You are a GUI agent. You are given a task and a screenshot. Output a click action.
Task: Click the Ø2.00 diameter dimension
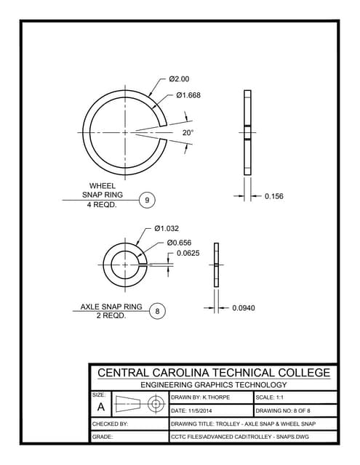[x=179, y=78]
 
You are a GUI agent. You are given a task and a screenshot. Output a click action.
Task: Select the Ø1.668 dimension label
[x=188, y=95]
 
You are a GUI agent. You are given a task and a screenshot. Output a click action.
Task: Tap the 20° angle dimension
[x=188, y=133]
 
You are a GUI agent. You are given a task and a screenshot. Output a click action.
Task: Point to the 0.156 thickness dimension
[x=274, y=195]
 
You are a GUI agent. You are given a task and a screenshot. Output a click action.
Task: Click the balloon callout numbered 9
[x=148, y=199]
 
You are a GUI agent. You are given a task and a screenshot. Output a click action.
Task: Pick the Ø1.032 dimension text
[x=167, y=228]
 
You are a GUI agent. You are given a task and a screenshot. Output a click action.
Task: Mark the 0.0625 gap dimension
[x=190, y=253]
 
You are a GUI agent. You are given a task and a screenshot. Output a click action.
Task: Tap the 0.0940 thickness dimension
[x=244, y=308]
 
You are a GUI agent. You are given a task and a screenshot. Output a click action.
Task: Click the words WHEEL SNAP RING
[x=102, y=190]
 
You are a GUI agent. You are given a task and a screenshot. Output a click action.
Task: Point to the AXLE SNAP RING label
[x=111, y=307]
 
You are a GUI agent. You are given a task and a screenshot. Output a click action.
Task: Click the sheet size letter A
[x=100, y=406]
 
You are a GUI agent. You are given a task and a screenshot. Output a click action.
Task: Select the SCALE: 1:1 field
[x=273, y=397]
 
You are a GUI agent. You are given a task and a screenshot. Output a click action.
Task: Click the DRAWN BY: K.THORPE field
[x=196, y=397]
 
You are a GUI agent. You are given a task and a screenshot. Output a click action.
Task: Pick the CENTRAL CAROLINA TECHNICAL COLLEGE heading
[x=214, y=373]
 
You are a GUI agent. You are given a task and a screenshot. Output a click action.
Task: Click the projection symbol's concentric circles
[x=154, y=404]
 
